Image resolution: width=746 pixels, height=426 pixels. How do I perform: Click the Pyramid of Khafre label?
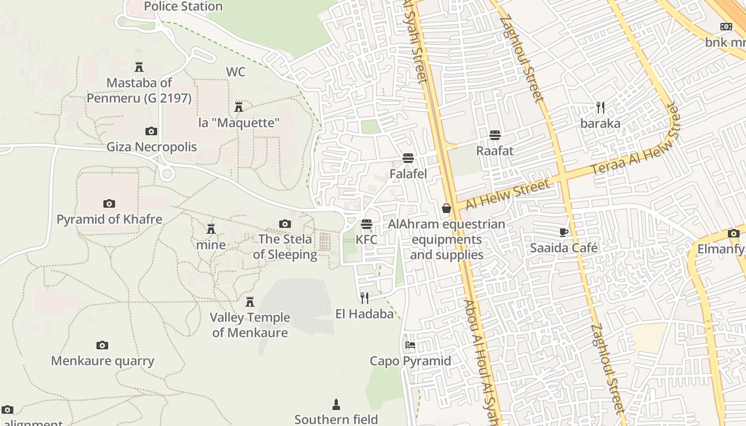[x=109, y=219]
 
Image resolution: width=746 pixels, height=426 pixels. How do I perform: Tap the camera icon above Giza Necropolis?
[x=151, y=131]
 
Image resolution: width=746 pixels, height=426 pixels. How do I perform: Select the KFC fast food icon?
[x=366, y=224]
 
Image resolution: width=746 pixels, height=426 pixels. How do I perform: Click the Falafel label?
[x=408, y=174]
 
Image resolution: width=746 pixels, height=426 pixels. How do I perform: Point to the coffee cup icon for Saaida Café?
[x=564, y=232]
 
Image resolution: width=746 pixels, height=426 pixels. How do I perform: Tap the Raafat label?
[x=494, y=151]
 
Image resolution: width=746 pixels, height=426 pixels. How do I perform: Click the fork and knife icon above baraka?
[x=601, y=108]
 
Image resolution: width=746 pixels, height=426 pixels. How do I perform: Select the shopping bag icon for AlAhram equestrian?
[x=447, y=208]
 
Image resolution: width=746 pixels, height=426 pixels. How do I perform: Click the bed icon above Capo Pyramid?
[x=410, y=345]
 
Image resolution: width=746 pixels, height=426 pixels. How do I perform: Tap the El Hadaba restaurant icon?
[x=364, y=298]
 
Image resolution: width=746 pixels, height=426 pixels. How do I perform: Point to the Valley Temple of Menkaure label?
[x=250, y=325]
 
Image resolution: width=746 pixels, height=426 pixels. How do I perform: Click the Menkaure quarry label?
[x=102, y=361]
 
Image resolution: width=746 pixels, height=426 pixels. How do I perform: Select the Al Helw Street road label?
[x=507, y=194]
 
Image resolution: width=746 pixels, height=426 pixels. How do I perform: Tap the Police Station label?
[x=183, y=6]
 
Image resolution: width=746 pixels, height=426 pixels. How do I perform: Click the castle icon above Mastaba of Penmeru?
[x=139, y=67]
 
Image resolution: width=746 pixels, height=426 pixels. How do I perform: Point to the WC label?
[x=236, y=72]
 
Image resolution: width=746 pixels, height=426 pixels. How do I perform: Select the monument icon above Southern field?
[x=336, y=404]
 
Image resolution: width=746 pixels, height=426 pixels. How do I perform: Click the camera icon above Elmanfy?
[x=733, y=233]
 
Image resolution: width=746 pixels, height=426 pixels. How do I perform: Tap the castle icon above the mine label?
[x=211, y=229]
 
